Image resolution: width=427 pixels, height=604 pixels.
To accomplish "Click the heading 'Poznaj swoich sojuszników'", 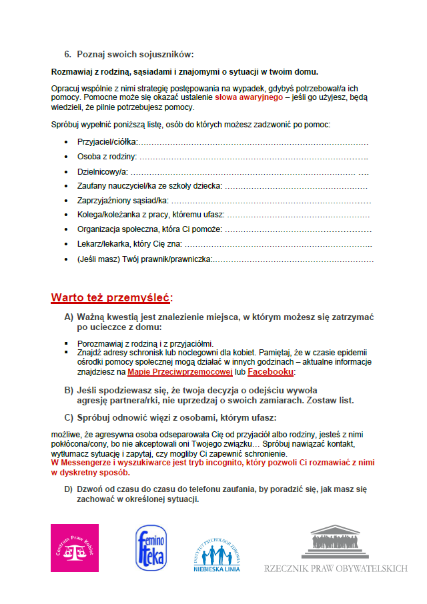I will pos(135,54).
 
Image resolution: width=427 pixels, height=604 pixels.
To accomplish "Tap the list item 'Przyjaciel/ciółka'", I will pos(107,142).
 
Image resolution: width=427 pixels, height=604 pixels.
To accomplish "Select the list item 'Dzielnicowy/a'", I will pos(102,171).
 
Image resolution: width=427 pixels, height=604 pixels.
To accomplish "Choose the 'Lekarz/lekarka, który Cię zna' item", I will pos(129,244).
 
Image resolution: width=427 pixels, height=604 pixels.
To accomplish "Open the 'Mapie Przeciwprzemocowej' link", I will pos(175,371).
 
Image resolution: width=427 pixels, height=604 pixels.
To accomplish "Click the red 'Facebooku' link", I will pos(270,371).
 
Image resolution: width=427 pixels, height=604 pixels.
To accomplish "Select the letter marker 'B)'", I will pos(69,390).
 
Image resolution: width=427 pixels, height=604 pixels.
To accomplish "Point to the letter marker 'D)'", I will pos(68,489).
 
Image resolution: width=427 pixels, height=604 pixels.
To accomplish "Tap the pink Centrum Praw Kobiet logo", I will pos(75,547).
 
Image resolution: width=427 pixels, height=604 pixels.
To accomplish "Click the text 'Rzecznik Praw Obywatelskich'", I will pos(336,569).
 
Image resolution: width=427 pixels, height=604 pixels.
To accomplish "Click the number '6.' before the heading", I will pos(67,54).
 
